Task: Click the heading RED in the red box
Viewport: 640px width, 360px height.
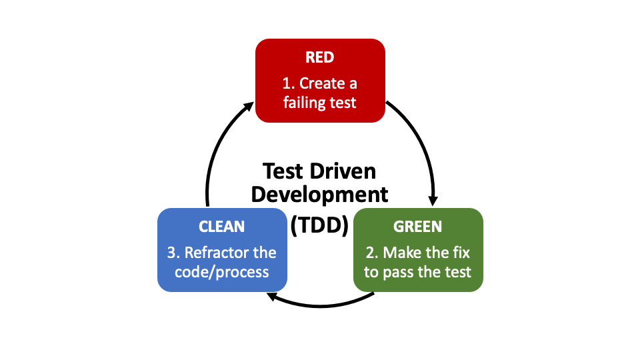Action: pos(320,57)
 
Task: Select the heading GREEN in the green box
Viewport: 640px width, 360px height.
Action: pos(417,227)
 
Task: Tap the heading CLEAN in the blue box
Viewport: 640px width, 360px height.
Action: pos(222,227)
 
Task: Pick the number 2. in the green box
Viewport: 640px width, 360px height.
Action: pos(372,253)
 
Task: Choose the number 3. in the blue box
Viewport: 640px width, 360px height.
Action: pos(173,253)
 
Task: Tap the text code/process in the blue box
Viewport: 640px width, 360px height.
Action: pos(222,272)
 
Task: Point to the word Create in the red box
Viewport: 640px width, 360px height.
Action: pos(322,83)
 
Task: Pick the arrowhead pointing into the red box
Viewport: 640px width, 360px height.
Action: pos(248,105)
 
